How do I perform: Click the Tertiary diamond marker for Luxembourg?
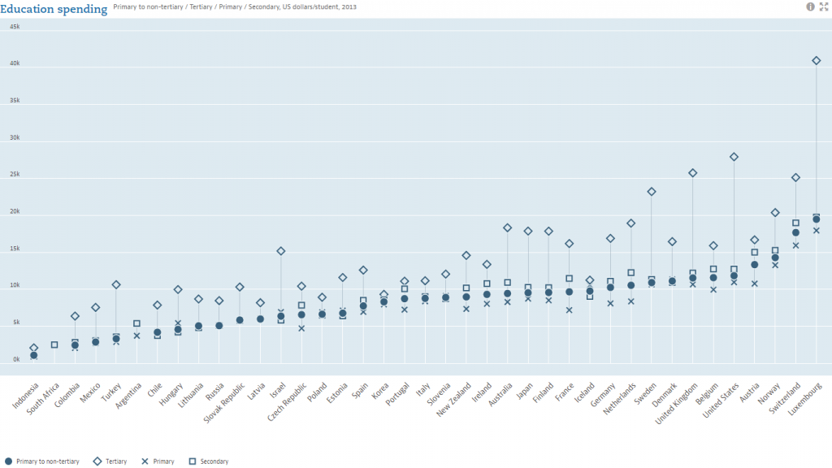pyautogui.click(x=817, y=60)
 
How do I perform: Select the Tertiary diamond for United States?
pyautogui.click(x=734, y=157)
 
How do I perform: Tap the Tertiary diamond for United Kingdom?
pyautogui.click(x=693, y=173)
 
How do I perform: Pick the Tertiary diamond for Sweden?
pyautogui.click(x=652, y=192)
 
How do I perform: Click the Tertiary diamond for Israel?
pyautogui.click(x=281, y=251)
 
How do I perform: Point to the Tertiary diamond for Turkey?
pyautogui.click(x=116, y=284)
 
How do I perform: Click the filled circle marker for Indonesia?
pyautogui.click(x=34, y=355)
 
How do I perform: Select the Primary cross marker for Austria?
pyautogui.click(x=755, y=284)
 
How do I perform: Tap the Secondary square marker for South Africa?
pyautogui.click(x=54, y=344)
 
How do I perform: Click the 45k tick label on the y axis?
pyautogui.click(x=15, y=27)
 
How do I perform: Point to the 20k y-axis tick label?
pyautogui.click(x=15, y=212)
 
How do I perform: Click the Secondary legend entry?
pyautogui.click(x=210, y=461)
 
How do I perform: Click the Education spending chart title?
pyautogui.click(x=54, y=9)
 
